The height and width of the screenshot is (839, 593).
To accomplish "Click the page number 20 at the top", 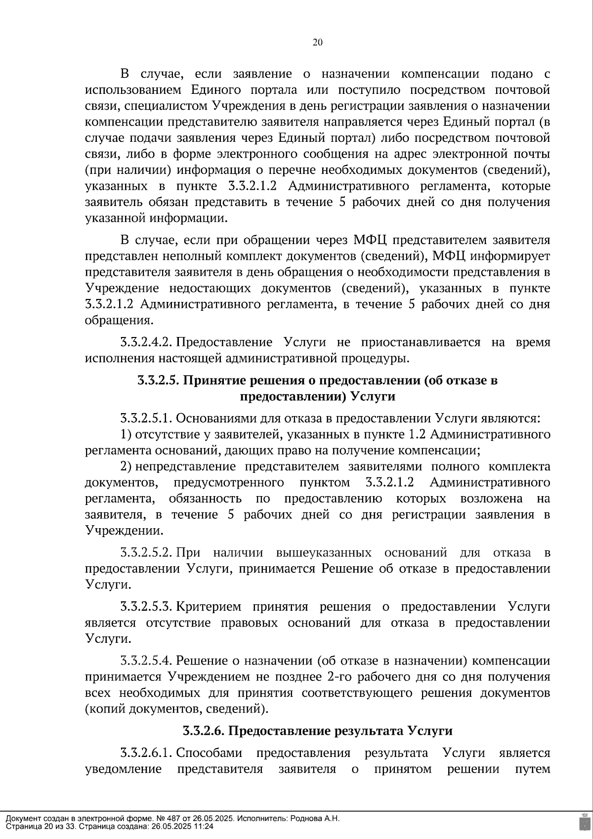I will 318,42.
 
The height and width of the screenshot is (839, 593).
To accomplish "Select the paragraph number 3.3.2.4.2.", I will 146,342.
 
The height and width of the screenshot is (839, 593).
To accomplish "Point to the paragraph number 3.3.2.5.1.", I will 146,419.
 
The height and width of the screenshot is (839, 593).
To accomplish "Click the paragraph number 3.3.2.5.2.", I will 146,552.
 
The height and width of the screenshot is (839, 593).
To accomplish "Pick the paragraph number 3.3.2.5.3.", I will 146,607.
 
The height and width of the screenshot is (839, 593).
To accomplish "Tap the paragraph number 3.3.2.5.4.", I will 146,661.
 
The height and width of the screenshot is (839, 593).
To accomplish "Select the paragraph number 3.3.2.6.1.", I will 146,753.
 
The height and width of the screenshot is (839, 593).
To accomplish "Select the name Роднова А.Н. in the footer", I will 316,819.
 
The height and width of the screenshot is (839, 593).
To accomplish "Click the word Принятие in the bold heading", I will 212,380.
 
